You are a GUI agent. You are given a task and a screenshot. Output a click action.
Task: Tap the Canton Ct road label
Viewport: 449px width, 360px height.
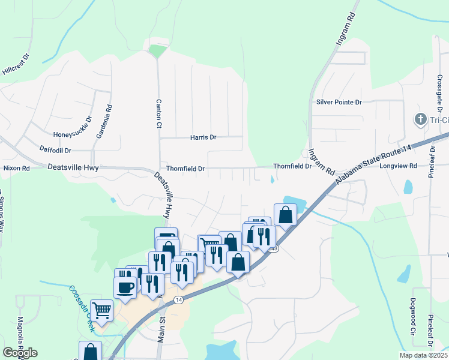(x=159, y=113)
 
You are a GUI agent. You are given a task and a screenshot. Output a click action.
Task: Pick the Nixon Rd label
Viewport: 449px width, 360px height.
(x=16, y=169)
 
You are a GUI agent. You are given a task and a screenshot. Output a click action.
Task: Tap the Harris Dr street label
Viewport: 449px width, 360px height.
(x=203, y=137)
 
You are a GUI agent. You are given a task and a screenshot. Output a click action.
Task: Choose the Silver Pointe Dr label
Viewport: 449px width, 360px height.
(x=339, y=102)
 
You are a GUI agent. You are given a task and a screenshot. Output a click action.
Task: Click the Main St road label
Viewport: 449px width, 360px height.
(x=161, y=327)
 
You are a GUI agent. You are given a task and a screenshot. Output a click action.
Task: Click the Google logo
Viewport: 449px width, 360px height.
(x=20, y=353)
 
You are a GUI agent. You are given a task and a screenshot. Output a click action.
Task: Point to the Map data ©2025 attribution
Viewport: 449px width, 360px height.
(x=423, y=355)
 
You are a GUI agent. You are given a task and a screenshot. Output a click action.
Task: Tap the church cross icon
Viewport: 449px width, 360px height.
(x=420, y=120)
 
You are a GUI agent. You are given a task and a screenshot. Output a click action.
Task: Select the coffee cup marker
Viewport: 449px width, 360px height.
(x=125, y=286)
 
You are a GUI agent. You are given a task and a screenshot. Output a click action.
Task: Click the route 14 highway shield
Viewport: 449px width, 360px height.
(x=178, y=299)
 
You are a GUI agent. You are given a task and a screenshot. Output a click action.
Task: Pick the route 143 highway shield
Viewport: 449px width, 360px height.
(x=274, y=248)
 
